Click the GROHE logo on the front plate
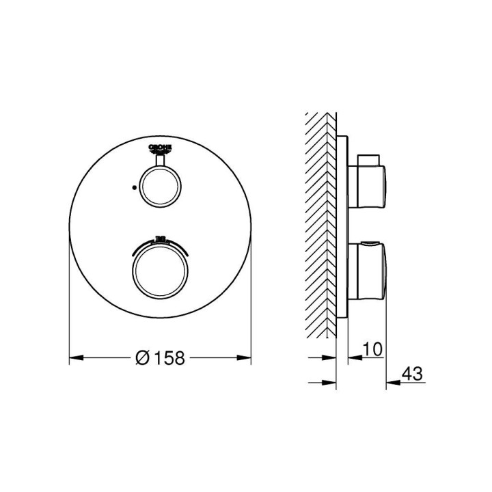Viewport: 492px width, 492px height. click(x=160, y=150)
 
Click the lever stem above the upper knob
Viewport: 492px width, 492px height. click(x=160, y=161)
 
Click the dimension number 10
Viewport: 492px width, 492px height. click(x=372, y=348)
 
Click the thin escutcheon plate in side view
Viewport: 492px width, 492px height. click(x=343, y=225)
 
